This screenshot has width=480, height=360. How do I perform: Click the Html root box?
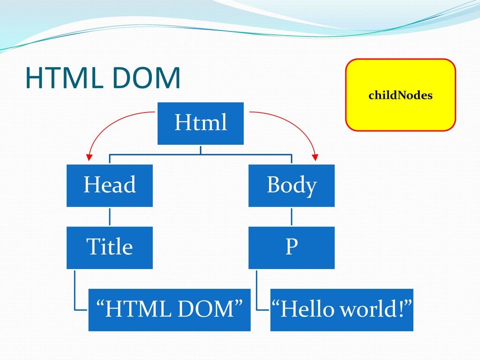200,123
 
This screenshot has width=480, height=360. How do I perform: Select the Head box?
109,185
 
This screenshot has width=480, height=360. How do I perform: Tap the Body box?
291,185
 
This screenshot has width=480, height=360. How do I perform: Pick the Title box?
109,247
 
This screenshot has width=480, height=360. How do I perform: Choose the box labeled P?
291,247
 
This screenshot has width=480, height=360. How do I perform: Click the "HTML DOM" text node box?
169,310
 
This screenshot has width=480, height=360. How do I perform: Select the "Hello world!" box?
342,310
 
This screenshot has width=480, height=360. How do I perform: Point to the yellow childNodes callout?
400,95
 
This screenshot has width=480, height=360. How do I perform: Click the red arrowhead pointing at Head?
88,158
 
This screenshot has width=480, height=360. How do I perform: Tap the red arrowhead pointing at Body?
315,158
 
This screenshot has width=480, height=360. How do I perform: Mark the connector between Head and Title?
109,217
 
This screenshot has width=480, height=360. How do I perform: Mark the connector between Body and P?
291,217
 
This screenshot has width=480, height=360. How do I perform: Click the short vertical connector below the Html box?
200,150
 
